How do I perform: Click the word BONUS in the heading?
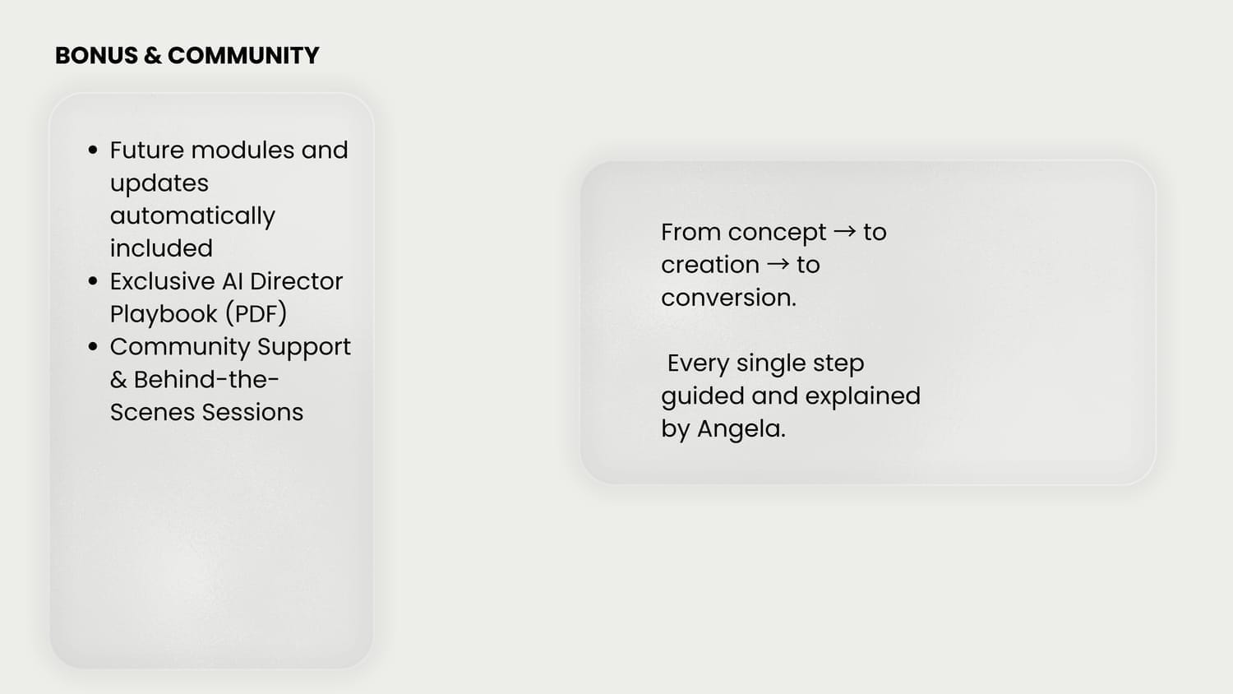click(97, 56)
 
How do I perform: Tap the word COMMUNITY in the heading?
click(243, 56)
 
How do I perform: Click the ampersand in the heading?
click(153, 56)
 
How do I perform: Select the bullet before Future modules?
click(92, 150)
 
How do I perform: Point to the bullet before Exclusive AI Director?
click(92, 281)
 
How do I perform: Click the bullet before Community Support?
click(92, 347)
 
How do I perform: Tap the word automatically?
click(192, 216)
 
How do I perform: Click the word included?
click(161, 248)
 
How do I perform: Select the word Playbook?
click(164, 314)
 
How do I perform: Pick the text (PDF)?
click(256, 314)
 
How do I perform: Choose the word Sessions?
click(252, 413)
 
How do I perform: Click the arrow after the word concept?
click(845, 232)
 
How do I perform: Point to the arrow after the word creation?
click(778, 265)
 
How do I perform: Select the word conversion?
click(729, 298)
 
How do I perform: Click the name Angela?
click(741, 429)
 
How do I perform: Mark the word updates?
click(159, 184)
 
